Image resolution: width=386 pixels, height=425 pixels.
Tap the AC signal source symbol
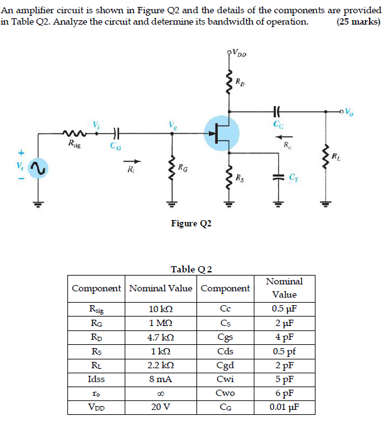37,167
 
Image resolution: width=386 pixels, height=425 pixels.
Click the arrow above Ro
286,135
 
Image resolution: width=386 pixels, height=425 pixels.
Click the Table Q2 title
191,269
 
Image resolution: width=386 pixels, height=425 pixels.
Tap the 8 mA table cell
160,379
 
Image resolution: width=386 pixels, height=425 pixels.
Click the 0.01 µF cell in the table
285,407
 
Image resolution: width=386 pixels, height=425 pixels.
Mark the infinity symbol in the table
160,393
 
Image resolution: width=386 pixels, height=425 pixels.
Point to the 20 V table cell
160,407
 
